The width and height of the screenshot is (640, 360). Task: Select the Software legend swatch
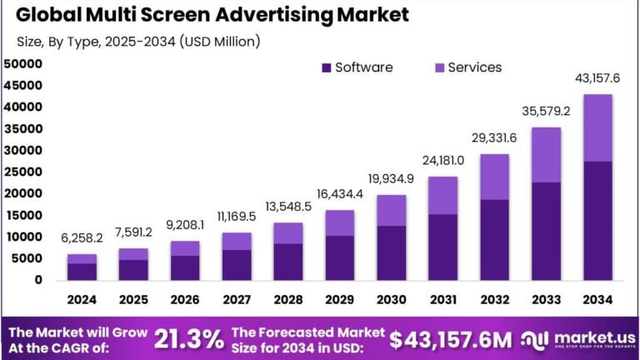325,67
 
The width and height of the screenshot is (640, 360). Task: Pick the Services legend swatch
438,67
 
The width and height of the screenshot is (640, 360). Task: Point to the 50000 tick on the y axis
22,63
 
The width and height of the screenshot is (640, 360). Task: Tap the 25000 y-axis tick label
22,172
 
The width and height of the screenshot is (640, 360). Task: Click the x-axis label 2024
81,300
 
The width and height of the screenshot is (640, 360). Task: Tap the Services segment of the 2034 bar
597,127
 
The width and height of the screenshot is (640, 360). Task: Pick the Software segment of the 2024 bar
81,272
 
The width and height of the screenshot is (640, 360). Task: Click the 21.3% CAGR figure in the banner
188,338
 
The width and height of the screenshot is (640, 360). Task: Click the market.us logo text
584,336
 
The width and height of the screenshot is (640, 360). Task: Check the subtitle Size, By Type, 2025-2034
138,41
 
